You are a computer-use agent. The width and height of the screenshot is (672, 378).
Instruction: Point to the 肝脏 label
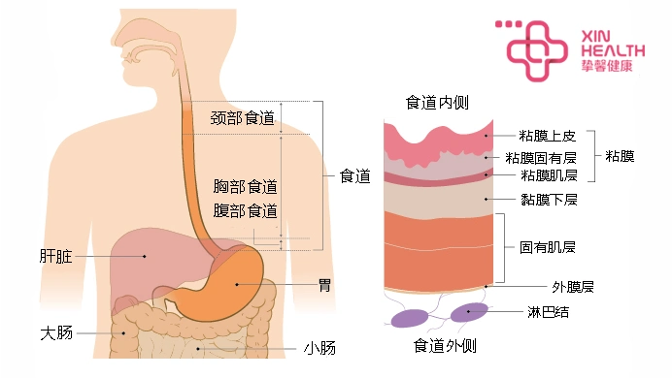point(55,257)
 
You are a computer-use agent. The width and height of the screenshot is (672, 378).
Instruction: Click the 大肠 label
point(55,333)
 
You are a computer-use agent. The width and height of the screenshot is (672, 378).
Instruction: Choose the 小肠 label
point(319,348)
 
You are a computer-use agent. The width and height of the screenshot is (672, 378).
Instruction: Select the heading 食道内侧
point(437,103)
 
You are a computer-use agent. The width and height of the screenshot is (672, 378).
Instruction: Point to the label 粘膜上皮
point(549,135)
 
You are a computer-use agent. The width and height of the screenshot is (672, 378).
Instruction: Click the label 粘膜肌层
point(549,175)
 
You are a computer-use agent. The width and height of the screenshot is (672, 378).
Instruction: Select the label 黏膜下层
point(549,200)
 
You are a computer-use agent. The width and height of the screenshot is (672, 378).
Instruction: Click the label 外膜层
point(573,288)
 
